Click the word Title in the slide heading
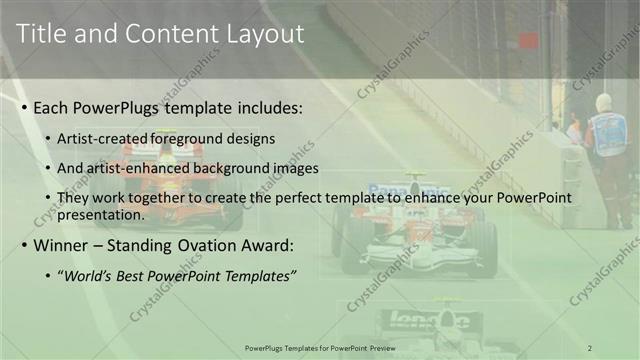coord(41,34)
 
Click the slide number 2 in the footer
coord(590,347)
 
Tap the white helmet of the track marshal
coord(603,102)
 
